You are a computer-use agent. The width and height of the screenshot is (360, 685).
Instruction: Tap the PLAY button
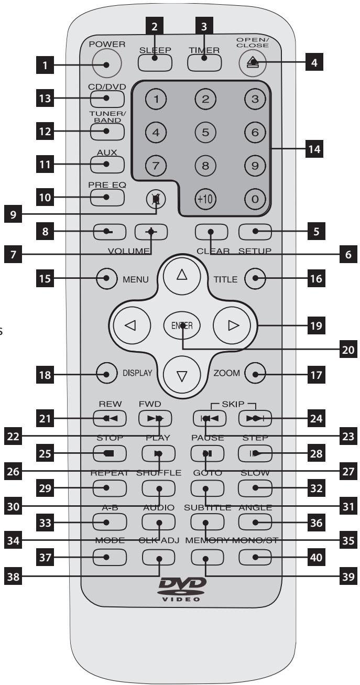coord(158,451)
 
